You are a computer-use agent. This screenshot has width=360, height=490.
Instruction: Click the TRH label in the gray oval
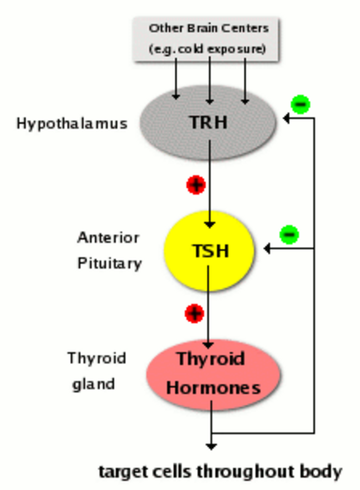[x=208, y=122]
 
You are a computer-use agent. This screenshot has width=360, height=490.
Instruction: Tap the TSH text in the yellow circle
[x=210, y=251]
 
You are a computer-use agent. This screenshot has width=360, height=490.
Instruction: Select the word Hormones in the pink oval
[x=213, y=388]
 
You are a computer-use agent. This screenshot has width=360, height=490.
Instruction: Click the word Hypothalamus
[x=72, y=124]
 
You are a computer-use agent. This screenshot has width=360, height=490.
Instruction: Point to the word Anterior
[x=109, y=238]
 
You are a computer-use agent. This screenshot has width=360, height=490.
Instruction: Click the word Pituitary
[x=109, y=264]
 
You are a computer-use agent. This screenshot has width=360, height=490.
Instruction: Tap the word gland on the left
[x=94, y=384]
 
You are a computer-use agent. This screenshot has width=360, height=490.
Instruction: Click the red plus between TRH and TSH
[x=195, y=184]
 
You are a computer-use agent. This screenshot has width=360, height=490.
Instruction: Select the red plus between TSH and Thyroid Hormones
[x=195, y=313]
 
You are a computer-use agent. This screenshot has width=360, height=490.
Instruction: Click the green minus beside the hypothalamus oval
[x=301, y=104]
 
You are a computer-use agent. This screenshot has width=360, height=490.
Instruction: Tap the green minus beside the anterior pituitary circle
[x=289, y=235]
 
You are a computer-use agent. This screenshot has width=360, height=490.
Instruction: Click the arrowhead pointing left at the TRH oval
[x=286, y=119]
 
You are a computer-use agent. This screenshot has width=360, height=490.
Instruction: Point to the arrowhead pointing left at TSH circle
[x=266, y=249]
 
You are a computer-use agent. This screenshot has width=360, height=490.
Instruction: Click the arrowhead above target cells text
[x=211, y=447]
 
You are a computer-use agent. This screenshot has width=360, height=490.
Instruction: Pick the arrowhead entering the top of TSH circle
[x=210, y=225]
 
